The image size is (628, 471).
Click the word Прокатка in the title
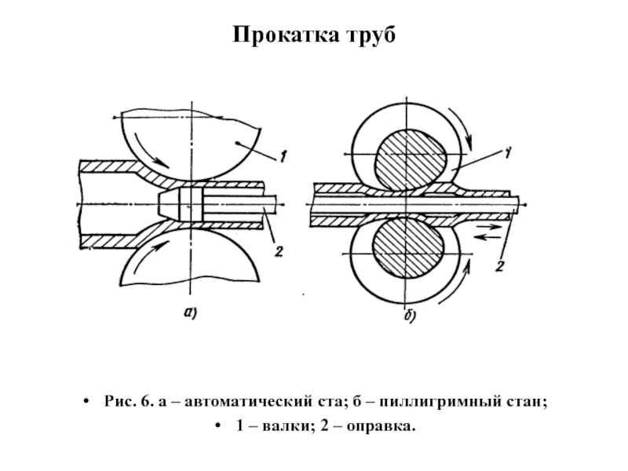tap(285, 34)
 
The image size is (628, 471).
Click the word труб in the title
tap(370, 35)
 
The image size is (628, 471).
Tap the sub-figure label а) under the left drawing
tap(190, 312)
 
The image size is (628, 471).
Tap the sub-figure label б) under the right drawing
tap(410, 316)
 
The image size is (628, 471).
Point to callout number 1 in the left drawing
tap(283, 156)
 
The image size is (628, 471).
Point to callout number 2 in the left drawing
tap(279, 251)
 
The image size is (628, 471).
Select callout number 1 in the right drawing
tap(507, 153)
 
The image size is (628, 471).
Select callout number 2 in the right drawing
tap(499, 266)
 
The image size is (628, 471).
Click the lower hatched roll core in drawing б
tap(407, 250)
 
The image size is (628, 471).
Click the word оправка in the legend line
tap(381, 425)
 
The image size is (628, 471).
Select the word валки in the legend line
tap(286, 425)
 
